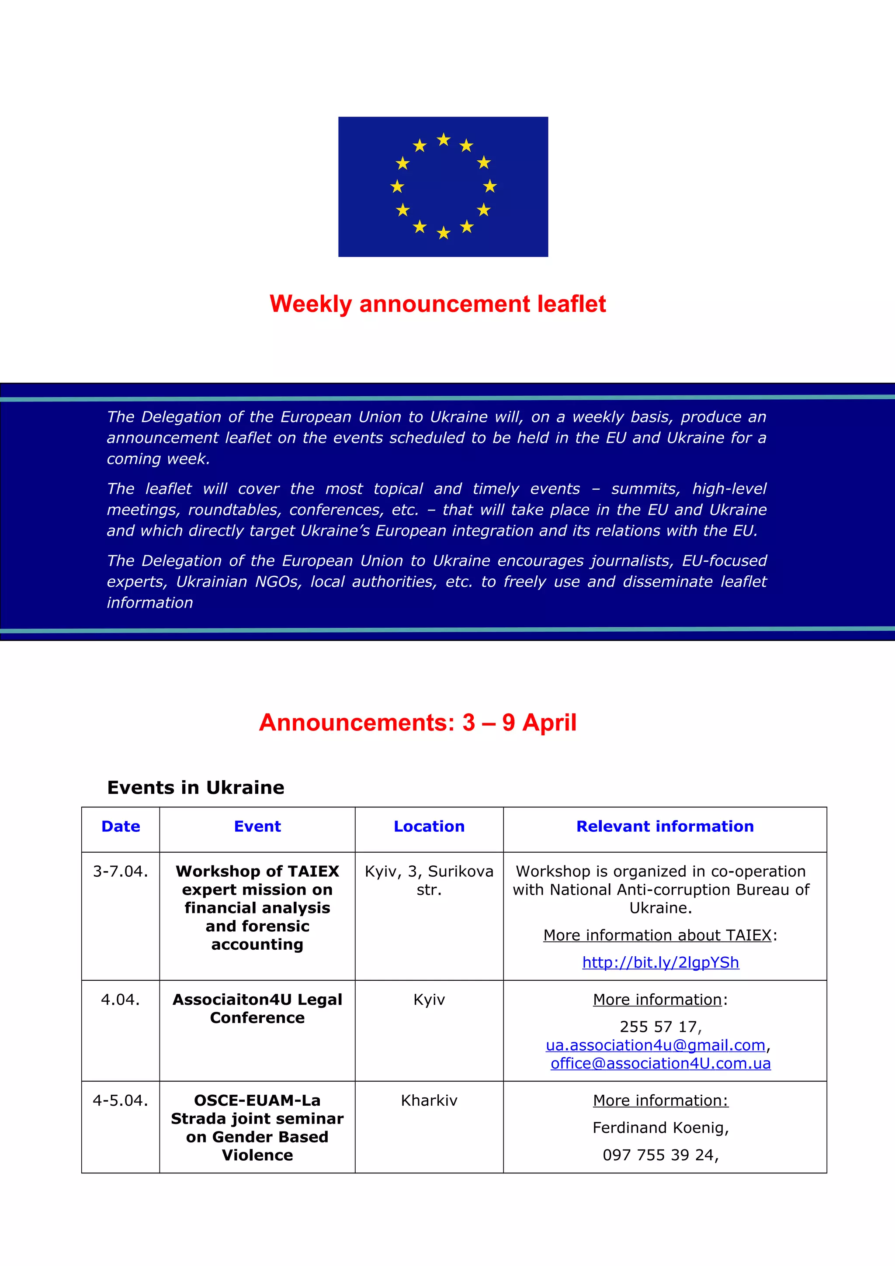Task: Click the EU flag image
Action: pyautogui.click(x=443, y=187)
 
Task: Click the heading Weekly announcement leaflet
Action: pyautogui.click(x=437, y=304)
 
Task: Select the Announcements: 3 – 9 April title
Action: pyautogui.click(x=417, y=722)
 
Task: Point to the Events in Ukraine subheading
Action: pyautogui.click(x=195, y=787)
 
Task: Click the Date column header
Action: pyautogui.click(x=120, y=827)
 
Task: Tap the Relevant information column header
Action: pyautogui.click(x=665, y=827)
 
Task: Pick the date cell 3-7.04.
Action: pyautogui.click(x=120, y=871)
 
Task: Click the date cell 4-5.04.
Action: pyautogui.click(x=120, y=1100)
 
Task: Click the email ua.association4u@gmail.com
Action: pyautogui.click(x=655, y=1045)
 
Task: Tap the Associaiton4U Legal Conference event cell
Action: pyautogui.click(x=257, y=1009)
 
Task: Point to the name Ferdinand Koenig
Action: pyautogui.click(x=659, y=1128)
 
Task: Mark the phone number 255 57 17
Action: pyautogui.click(x=659, y=1027)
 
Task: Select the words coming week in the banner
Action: pyautogui.click(x=158, y=459)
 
